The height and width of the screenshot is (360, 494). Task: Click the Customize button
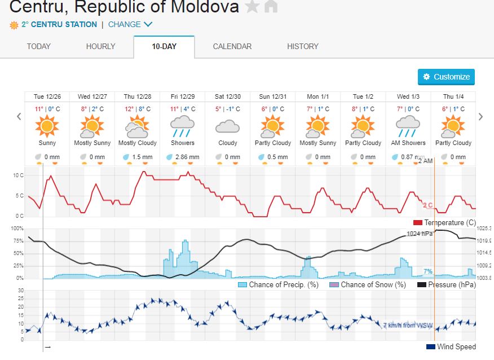click(x=446, y=77)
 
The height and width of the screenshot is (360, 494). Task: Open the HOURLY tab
click(x=100, y=46)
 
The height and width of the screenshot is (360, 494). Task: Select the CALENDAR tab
click(x=232, y=46)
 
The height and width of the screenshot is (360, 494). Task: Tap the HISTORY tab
click(x=302, y=46)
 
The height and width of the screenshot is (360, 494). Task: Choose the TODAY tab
click(x=38, y=46)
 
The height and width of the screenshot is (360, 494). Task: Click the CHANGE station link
click(x=130, y=24)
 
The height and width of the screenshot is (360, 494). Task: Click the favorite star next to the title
click(x=252, y=7)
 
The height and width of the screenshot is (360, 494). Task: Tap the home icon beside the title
click(x=271, y=7)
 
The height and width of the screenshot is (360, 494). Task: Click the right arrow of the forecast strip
click(x=480, y=117)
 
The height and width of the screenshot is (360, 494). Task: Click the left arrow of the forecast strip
click(x=19, y=117)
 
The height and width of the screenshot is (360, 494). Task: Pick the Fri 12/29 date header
click(x=182, y=96)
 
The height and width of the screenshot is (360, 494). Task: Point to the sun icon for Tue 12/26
click(x=47, y=125)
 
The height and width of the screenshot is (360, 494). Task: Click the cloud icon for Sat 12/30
click(x=227, y=126)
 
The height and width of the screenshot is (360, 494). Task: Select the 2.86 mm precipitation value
click(x=187, y=157)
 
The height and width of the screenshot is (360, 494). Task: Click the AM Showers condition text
click(x=408, y=143)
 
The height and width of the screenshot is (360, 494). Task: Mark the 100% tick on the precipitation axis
click(x=16, y=229)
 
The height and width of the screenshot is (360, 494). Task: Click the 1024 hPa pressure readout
click(x=419, y=234)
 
